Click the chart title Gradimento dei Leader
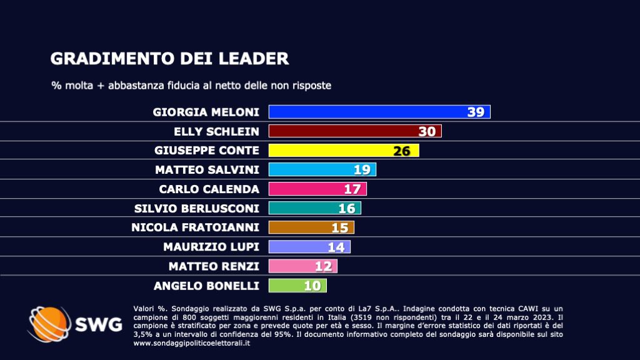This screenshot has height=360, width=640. (169, 59)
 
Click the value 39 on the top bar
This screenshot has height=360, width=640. (476, 112)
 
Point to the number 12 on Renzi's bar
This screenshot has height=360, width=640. (323, 266)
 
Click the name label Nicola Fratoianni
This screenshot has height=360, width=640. (195, 227)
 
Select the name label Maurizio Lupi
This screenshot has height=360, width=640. (211, 247)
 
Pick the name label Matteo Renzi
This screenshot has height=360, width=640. (214, 266)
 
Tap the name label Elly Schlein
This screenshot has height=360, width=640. (216, 132)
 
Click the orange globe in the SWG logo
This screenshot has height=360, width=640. (47, 324)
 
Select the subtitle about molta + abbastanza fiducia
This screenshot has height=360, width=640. (191, 85)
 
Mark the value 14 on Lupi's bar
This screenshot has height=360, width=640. (336, 247)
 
